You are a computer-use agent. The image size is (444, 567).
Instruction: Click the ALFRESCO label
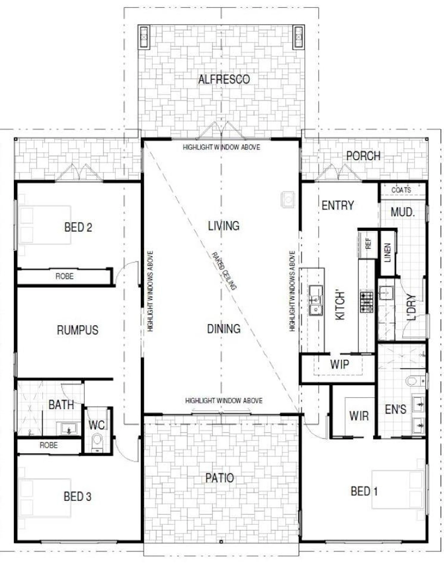pos(224,79)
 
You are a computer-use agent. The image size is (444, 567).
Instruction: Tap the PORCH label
pos(363,156)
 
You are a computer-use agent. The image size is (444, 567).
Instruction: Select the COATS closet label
pos(401,190)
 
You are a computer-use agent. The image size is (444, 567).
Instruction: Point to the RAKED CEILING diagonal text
pos(224,271)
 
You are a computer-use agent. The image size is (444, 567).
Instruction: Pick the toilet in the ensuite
pos(415,380)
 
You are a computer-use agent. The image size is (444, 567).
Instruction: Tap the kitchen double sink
pos(316,300)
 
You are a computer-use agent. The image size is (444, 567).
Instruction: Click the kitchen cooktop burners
pos(366,302)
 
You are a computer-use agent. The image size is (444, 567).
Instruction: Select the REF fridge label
pos(368,244)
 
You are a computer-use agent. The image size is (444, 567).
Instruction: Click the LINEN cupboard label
pos(388,253)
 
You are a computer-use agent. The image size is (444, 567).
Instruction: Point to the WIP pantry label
pos(339,364)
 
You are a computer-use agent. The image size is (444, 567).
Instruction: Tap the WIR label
pos(359,416)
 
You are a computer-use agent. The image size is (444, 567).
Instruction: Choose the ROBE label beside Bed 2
pos(64,276)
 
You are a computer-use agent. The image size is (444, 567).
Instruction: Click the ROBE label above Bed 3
pos(49,445)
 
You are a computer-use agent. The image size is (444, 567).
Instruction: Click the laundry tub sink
pos(386,293)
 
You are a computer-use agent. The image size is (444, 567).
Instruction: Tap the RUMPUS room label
pos(77,330)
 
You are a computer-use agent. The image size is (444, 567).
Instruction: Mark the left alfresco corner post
pos(144,37)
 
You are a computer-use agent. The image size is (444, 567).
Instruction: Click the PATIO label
pos(220,478)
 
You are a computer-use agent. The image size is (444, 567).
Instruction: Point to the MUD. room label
pos(402,212)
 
